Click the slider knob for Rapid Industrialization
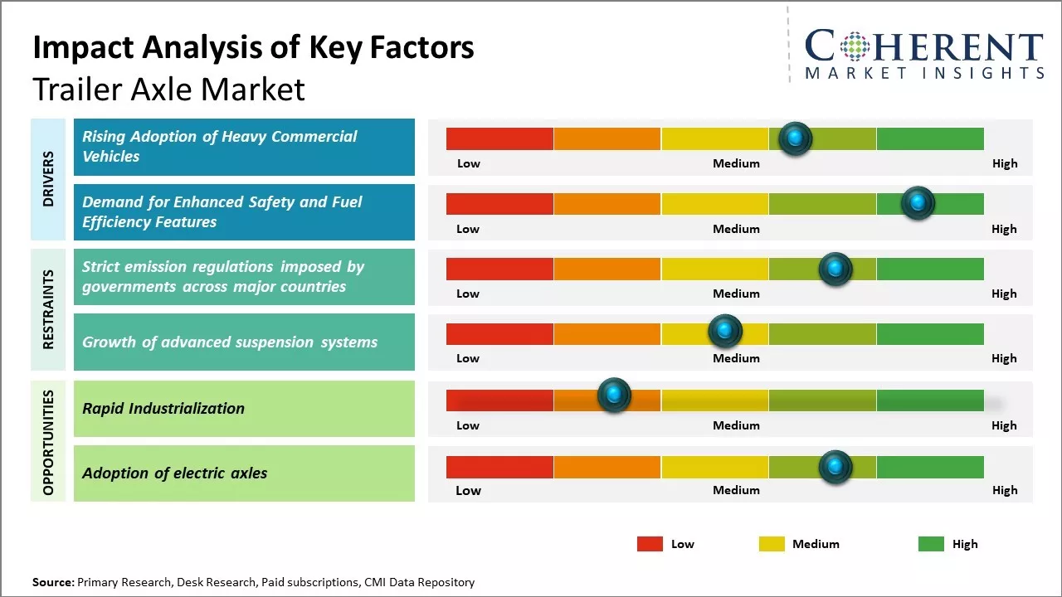pos(614,396)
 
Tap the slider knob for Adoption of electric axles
pos(835,467)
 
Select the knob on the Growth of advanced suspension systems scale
pos(725,331)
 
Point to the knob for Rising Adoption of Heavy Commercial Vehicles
pos(796,138)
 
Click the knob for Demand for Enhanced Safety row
pos(918,203)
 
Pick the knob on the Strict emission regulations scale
pos(835,269)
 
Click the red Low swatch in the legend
pos(650,544)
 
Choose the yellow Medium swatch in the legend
pos(772,544)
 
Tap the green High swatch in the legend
pos(931,544)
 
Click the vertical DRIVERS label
pos(48,179)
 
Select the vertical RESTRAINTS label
pos(48,309)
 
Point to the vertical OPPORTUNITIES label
pos(48,442)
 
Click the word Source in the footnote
pos(53,583)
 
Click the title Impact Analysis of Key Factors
pos(253,48)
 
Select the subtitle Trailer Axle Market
pos(168,90)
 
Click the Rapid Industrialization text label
pos(163,408)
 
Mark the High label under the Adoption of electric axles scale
pos(1004,490)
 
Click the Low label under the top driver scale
pos(469,163)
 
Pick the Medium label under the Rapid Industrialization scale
pos(736,425)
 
